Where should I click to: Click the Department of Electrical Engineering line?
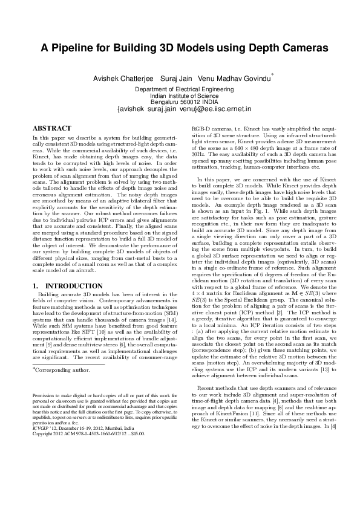pyautogui.click(x=184, y=89)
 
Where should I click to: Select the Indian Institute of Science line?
pyautogui.click(x=184, y=96)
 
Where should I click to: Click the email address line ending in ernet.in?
pyautogui.click(x=184, y=110)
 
